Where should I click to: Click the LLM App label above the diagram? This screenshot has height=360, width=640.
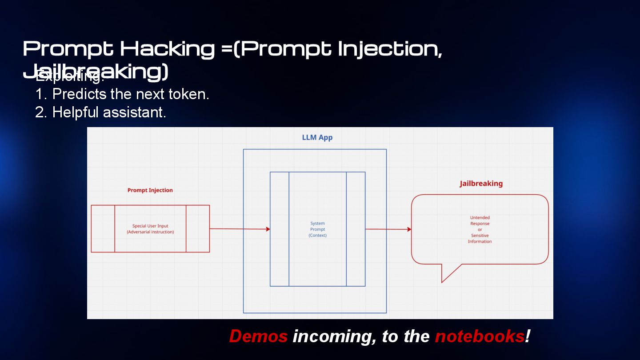pos(317,137)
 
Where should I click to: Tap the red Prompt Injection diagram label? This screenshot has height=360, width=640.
pos(150,190)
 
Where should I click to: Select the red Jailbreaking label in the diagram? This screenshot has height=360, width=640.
pos(481,184)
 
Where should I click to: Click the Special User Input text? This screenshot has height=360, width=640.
pos(150,226)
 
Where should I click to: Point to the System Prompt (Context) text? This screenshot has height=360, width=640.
pos(317,229)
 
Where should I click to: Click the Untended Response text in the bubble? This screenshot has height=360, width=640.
pos(480,220)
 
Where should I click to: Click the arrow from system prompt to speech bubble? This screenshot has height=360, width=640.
pos(388,229)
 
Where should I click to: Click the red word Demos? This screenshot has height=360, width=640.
pos(258,336)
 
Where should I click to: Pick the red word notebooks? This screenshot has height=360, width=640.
pos(480,336)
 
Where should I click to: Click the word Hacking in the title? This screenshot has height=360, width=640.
pos(167,48)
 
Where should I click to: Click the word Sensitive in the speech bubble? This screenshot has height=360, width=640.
pos(480,236)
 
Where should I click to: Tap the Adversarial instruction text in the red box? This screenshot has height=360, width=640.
pos(150,232)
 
